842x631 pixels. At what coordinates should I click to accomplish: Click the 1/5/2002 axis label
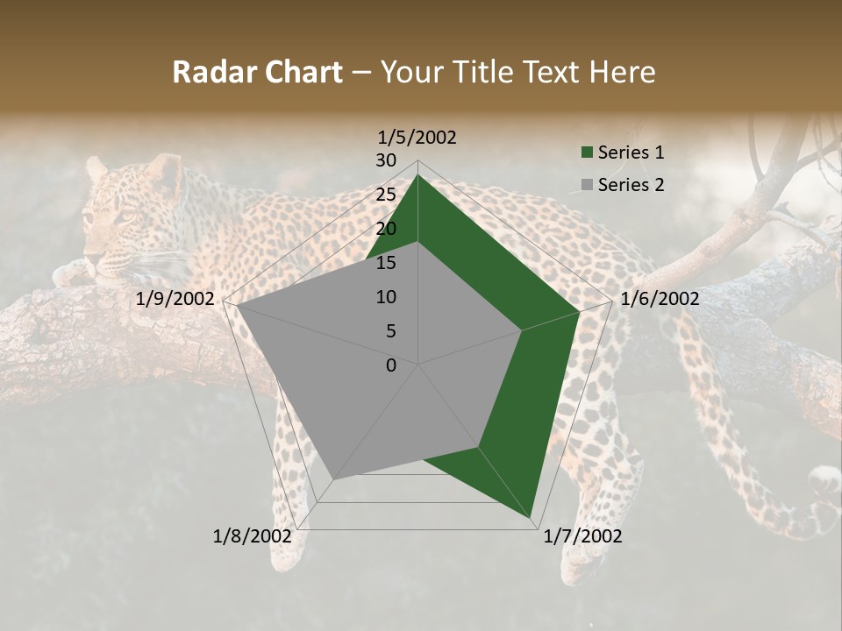coord(417,137)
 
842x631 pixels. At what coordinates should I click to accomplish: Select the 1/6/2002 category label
coord(660,299)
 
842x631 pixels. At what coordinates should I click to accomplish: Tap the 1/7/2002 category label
coord(582,536)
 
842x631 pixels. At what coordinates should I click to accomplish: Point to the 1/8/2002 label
coord(253,536)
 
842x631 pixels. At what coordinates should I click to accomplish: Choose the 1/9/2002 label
coord(175,299)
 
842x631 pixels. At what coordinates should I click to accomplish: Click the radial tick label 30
coord(386,160)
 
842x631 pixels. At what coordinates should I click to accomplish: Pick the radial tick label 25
coord(386,195)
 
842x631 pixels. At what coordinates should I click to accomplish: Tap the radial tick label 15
coord(386,263)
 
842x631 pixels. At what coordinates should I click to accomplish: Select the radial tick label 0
coord(391,365)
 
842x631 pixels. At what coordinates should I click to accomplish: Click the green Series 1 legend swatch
coord(586,152)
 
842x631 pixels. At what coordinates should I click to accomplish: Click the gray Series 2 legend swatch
coord(586,185)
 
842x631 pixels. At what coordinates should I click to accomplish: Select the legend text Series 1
coord(631,152)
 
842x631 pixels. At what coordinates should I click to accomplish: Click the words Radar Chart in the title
coord(257,72)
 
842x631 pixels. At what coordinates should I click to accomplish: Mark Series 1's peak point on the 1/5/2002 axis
coord(417,175)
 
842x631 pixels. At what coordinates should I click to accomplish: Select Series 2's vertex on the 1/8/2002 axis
coord(333,479)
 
